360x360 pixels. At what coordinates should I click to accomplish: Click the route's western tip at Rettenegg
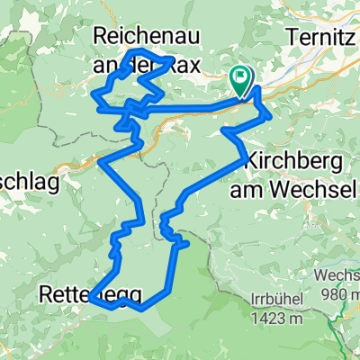91,302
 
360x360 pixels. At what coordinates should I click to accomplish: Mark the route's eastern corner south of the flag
269,114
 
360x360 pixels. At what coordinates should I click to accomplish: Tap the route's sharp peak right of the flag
258,88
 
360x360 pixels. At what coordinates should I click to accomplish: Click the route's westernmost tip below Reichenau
94,92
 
